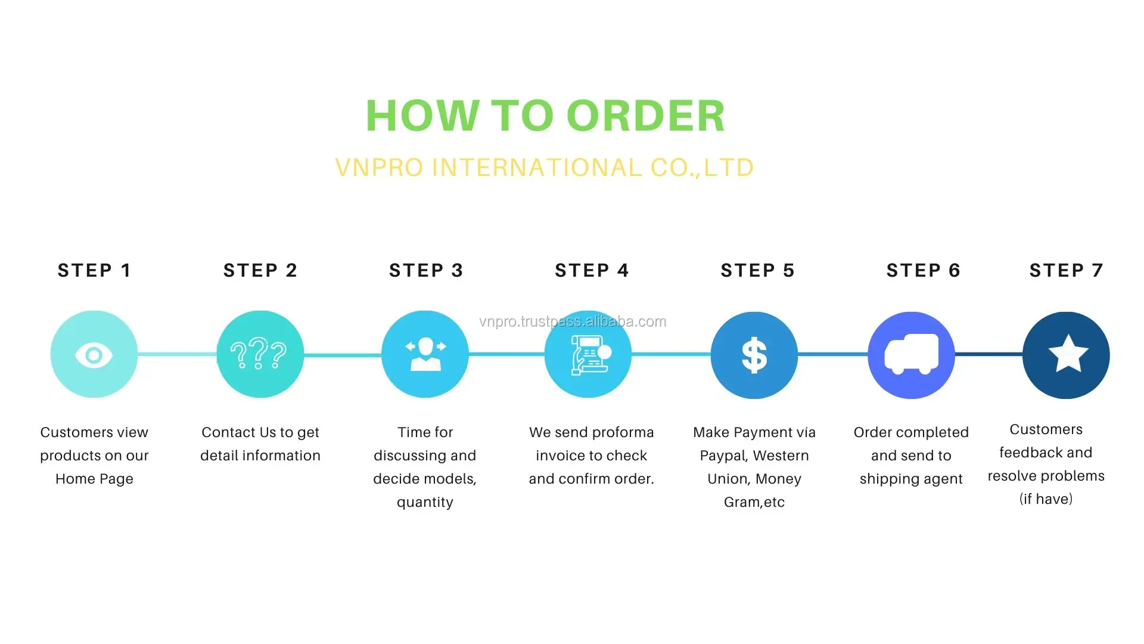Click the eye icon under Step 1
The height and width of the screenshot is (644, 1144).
point(94,355)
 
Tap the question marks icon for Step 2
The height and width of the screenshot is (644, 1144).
point(259,354)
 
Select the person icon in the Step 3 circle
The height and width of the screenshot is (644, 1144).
point(425,354)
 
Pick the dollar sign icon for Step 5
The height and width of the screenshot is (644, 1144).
point(754,355)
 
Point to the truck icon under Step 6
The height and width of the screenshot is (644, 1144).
point(911,355)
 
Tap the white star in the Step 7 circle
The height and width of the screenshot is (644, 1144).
point(1068,354)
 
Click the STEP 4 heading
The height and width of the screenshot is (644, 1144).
point(592,270)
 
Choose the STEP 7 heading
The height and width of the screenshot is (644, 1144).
point(1066,270)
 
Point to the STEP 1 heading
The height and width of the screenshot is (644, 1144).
point(94,270)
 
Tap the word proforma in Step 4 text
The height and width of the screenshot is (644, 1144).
point(623,432)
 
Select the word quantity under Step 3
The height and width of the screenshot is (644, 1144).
point(425,502)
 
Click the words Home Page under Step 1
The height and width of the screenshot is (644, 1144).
point(94,479)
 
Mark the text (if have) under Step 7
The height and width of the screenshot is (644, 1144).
point(1046,499)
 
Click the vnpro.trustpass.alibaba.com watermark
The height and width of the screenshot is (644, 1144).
point(573,321)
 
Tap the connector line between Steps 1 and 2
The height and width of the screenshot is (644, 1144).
point(177,355)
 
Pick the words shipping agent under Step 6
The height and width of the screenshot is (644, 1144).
point(911,479)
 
